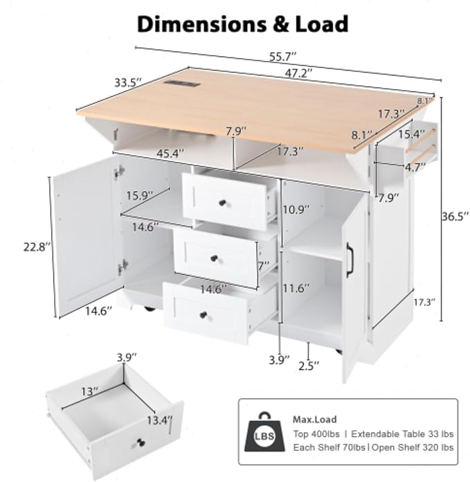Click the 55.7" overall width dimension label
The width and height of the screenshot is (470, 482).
(x=282, y=57)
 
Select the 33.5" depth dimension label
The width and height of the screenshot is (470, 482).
(x=129, y=82)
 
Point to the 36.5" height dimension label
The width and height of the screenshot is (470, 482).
(x=455, y=216)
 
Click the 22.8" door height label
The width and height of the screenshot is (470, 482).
(x=37, y=247)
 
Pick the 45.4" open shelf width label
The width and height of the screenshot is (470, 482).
(x=170, y=153)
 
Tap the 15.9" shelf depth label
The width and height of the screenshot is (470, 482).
(x=140, y=195)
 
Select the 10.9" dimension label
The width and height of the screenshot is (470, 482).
(x=296, y=210)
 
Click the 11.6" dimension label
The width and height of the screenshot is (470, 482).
(x=296, y=288)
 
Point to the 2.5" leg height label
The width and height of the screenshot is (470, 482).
(x=309, y=366)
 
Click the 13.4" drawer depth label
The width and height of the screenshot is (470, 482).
(x=159, y=420)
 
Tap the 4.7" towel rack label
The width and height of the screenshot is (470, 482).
(x=415, y=168)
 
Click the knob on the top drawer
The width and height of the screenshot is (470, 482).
(x=222, y=203)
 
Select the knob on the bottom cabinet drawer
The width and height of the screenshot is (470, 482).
(x=203, y=315)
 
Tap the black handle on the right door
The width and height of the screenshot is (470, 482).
(x=350, y=260)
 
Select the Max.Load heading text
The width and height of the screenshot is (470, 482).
(x=314, y=419)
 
